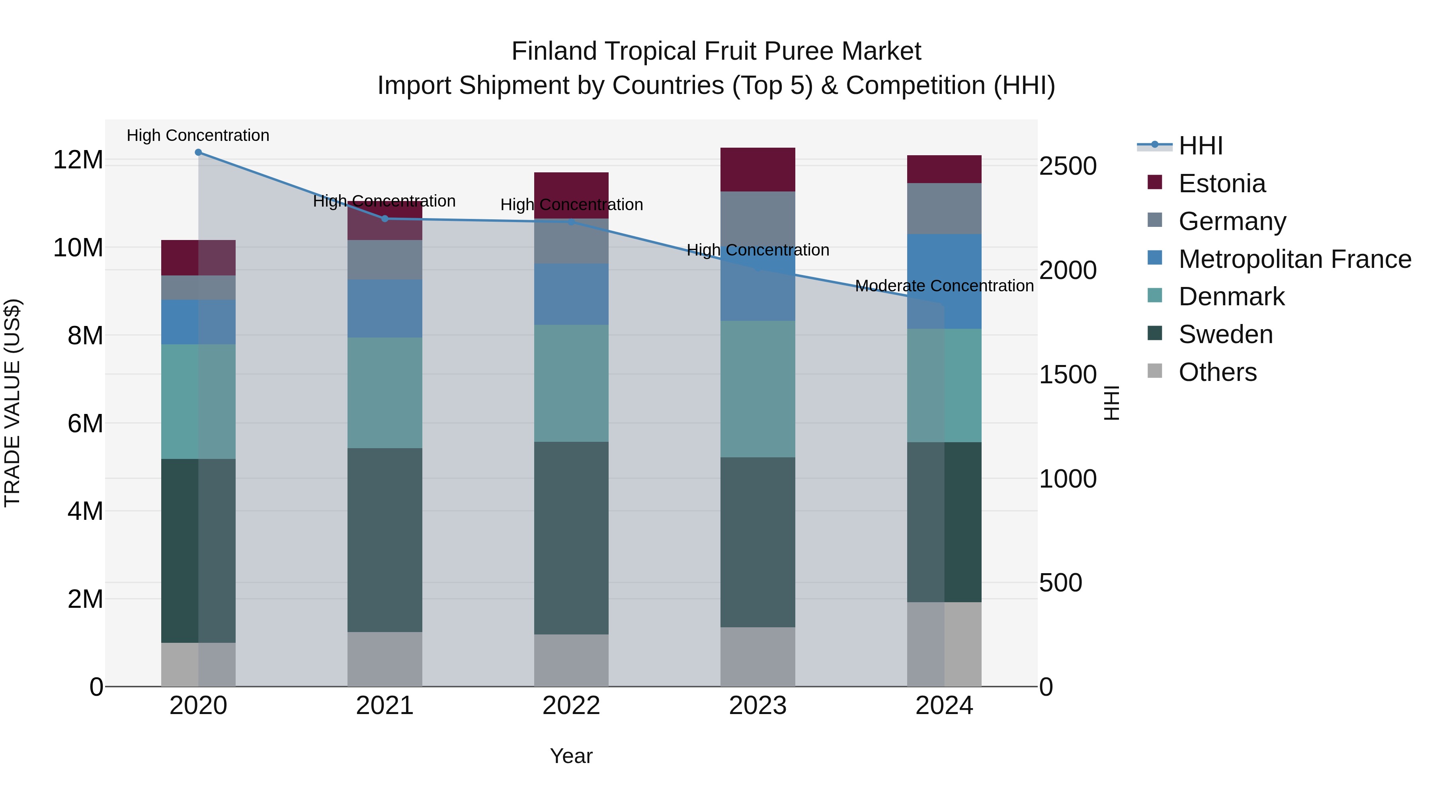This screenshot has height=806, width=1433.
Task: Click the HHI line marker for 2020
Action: tap(198, 152)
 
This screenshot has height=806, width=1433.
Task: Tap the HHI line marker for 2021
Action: tap(385, 219)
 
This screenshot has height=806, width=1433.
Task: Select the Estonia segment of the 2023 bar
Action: tap(757, 170)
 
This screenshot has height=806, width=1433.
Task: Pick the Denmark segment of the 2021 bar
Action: tap(385, 393)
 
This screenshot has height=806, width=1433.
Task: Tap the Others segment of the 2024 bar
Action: tap(944, 644)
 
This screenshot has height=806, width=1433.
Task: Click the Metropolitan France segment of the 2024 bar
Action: tap(944, 281)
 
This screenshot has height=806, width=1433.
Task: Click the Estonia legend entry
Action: tap(1222, 183)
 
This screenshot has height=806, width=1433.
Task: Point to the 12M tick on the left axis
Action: tap(78, 160)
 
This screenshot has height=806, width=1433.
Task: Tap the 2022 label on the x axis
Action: tap(571, 706)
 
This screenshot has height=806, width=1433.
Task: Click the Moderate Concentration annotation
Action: tap(944, 286)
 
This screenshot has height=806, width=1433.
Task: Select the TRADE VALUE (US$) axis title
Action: tap(12, 403)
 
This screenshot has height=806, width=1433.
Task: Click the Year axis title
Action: tap(571, 756)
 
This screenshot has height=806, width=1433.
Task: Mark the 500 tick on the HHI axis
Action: tap(1060, 583)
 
